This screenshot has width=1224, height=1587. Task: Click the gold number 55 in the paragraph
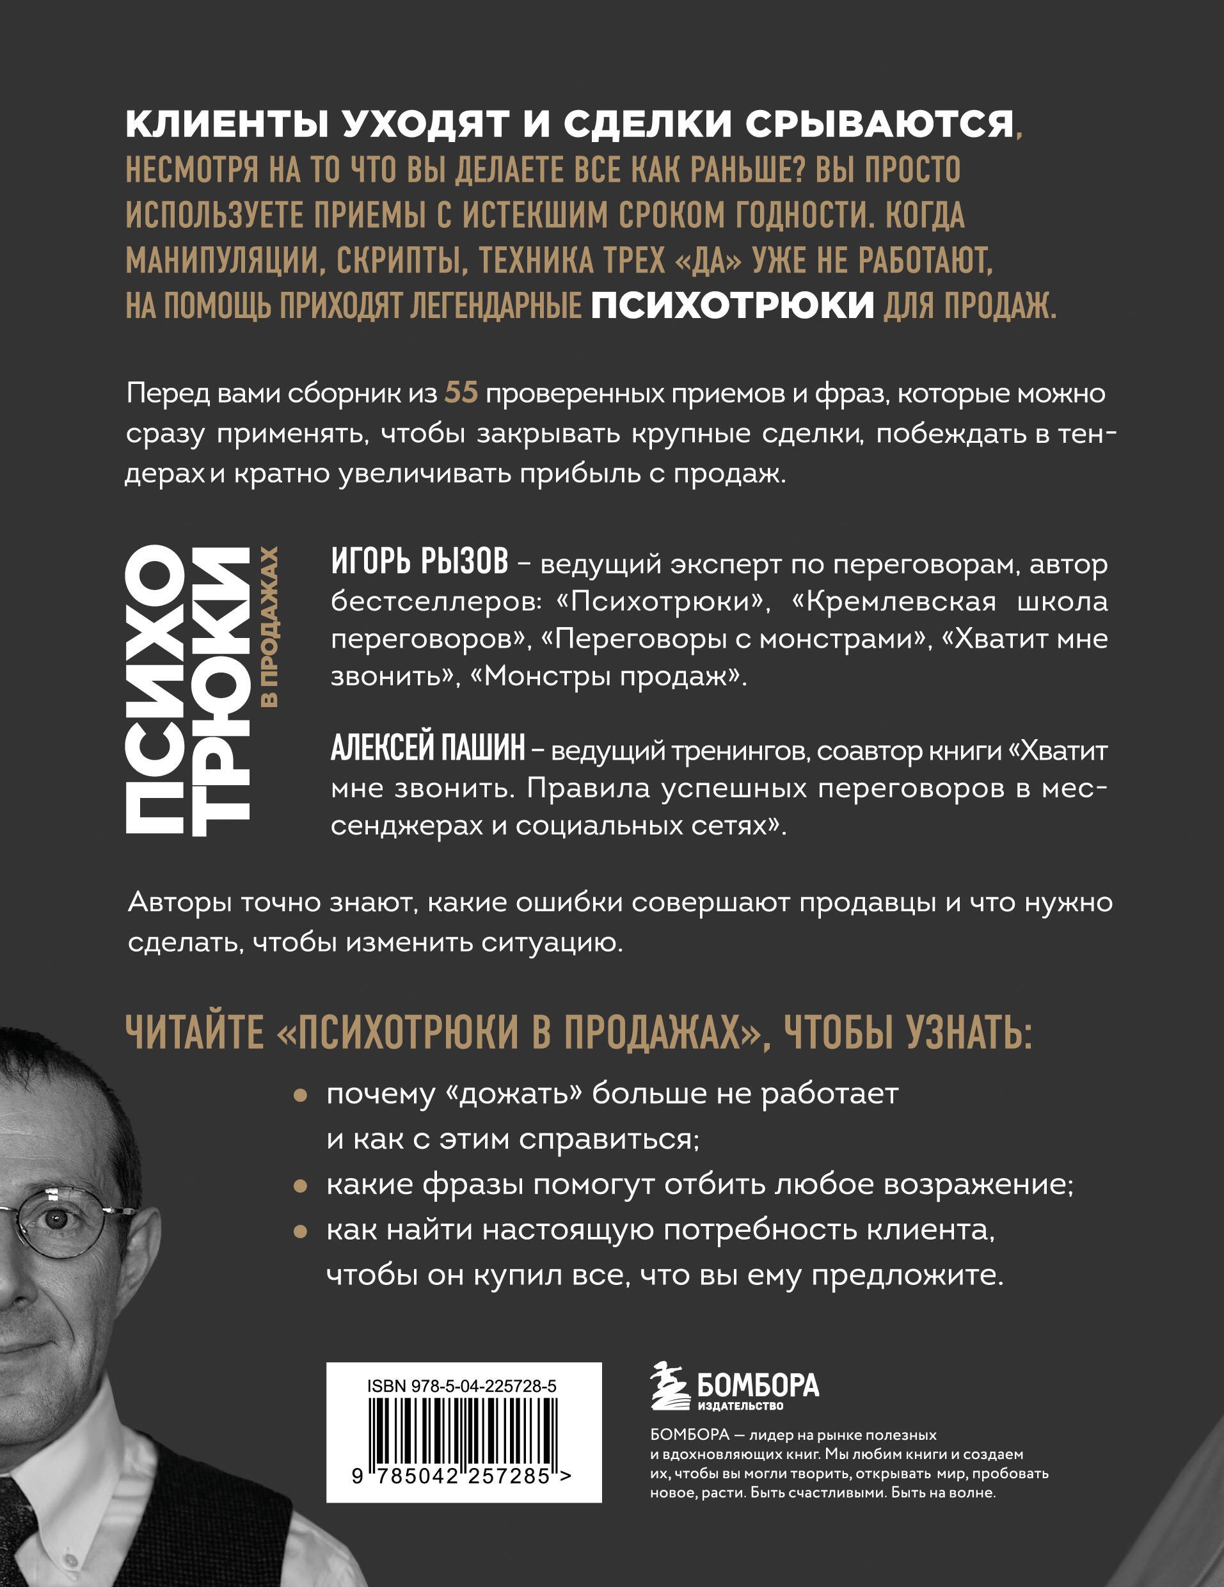pos(461,393)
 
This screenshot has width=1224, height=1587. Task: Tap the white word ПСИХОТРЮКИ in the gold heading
pos(732,305)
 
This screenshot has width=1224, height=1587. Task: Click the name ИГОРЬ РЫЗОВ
pos(420,562)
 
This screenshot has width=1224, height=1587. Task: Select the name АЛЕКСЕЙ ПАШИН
pos(428,749)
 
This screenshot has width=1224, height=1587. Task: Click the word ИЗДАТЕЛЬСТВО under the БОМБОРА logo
pos(740,1406)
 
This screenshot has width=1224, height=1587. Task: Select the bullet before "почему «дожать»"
pos(300,1095)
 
